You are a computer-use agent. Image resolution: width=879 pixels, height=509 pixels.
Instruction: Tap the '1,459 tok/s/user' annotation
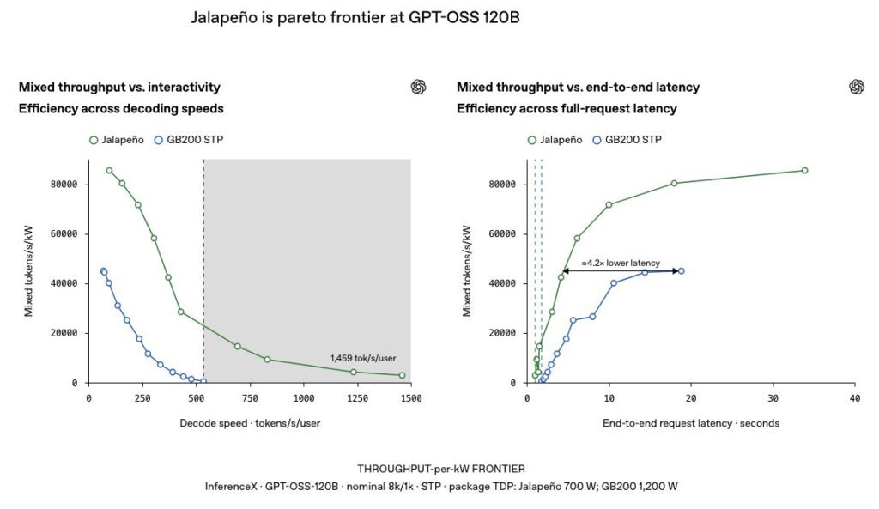click(x=363, y=358)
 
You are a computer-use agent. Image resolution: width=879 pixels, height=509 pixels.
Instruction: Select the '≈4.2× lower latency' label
click(x=621, y=263)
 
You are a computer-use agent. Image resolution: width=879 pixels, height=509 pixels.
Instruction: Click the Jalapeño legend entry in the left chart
click(x=117, y=140)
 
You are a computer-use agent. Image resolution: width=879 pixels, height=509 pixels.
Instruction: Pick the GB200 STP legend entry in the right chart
click(x=627, y=140)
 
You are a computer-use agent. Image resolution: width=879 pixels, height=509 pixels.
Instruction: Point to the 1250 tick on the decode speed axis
click(x=357, y=398)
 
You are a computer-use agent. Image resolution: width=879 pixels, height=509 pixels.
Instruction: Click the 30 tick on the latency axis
click(x=773, y=398)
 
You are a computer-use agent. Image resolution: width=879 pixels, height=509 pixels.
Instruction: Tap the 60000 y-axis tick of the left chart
click(x=64, y=233)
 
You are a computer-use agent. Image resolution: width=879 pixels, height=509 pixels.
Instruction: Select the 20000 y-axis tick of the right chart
click(x=502, y=333)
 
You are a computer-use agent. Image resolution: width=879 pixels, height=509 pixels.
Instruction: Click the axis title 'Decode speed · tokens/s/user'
click(x=250, y=423)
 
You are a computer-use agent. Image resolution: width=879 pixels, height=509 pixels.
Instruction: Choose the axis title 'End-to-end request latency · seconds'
click(x=691, y=423)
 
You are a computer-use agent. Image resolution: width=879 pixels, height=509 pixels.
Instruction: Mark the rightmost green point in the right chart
click(x=805, y=171)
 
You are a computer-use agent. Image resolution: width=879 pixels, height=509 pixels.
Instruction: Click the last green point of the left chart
click(x=402, y=375)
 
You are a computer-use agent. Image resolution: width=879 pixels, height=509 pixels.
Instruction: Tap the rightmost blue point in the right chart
click(x=681, y=270)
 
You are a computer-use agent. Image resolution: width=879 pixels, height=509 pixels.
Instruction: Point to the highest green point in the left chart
click(x=109, y=171)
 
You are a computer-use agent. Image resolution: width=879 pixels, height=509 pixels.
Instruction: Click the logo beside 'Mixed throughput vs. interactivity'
click(x=418, y=87)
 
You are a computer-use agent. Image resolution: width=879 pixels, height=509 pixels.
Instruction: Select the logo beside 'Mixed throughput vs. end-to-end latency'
click(x=857, y=87)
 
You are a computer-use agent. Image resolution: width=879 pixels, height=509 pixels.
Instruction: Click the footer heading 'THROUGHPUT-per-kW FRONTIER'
click(x=441, y=469)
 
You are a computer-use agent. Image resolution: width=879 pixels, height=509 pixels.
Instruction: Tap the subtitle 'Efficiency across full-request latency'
click(x=567, y=109)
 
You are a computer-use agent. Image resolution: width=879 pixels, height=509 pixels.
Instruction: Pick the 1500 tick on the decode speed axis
click(x=411, y=398)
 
